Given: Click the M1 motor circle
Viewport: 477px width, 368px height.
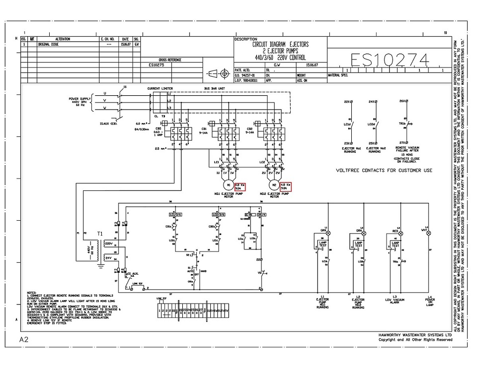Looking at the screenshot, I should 229,185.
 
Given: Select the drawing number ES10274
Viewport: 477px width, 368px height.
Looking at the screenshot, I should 390,60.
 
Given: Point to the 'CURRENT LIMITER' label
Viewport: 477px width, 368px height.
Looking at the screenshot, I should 160,88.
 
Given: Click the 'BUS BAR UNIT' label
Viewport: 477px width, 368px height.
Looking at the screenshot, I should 214,88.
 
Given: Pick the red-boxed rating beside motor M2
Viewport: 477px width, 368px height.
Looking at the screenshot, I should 286,186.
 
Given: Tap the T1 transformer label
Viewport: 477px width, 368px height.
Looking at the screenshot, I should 100,233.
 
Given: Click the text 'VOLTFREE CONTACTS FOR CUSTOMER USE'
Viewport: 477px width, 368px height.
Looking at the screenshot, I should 384,170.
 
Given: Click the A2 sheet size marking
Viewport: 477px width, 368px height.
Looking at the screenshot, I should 24,340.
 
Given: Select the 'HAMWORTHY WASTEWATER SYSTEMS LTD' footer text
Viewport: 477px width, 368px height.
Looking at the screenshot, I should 415,335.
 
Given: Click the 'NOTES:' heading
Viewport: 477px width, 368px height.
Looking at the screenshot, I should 32,293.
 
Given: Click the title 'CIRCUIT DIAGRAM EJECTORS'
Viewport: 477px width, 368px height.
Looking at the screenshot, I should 281,44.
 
